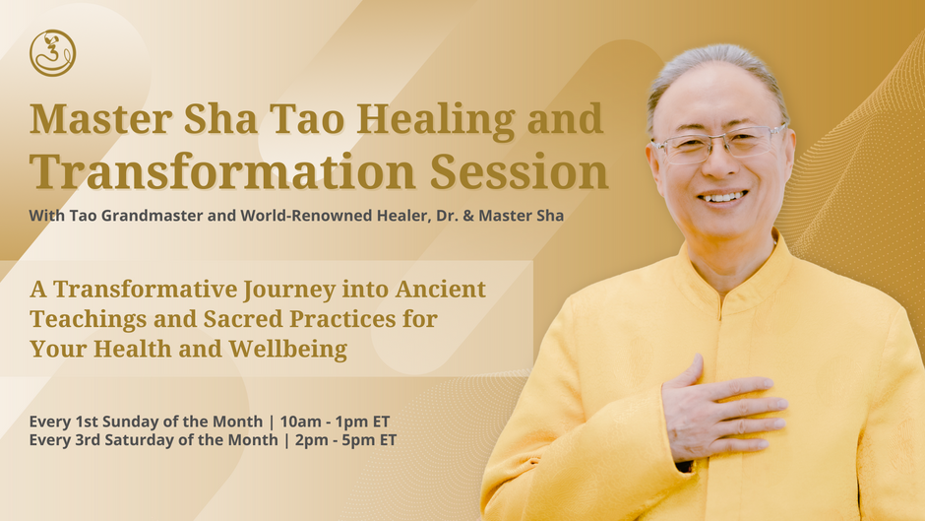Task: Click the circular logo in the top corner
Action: point(52,53)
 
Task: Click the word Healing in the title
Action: point(436,120)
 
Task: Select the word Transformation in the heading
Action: point(222,172)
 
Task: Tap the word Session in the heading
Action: point(519,172)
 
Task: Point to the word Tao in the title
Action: point(307,119)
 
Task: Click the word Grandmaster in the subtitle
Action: point(153,216)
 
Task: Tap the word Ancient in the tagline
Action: point(441,289)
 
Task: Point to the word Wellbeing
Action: point(288,350)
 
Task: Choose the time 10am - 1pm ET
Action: point(335,422)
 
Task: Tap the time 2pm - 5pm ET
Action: point(345,440)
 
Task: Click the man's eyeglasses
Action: point(719,144)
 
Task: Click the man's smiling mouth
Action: point(722,198)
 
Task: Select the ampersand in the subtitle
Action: point(468,216)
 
